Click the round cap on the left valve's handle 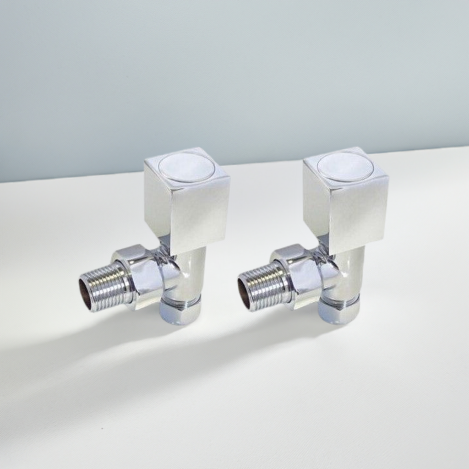coord(187,167)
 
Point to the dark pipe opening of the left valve coord(85,292)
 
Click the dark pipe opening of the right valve coord(244,292)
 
